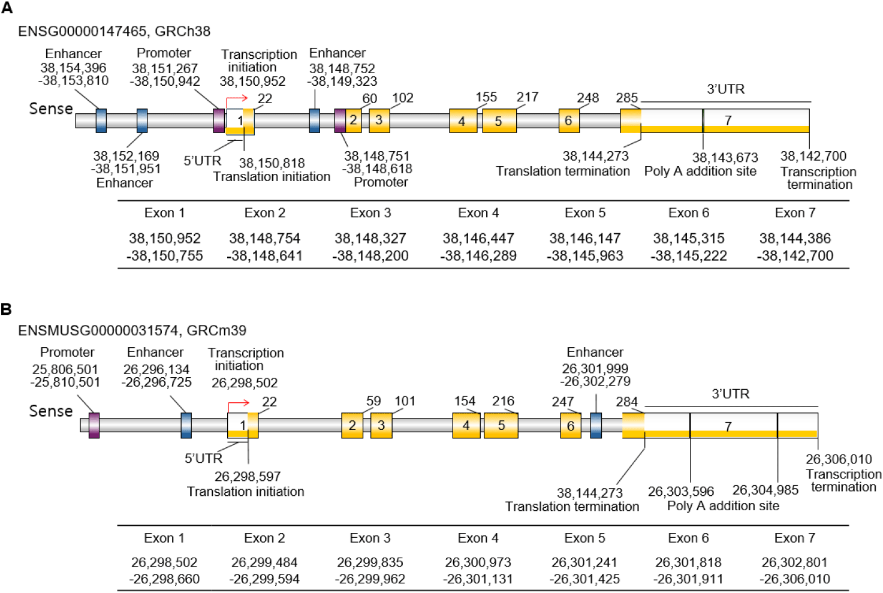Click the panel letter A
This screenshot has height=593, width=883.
coord(7,8)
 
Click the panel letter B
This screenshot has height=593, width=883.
coord(7,309)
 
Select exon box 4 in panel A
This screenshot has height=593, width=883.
coord(462,121)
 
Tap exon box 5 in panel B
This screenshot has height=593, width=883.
coord(501,425)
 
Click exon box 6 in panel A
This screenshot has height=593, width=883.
coord(568,120)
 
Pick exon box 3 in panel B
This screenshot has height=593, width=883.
coord(381,425)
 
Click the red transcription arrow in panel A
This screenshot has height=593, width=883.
coord(237,98)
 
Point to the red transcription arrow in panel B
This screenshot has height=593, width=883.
coord(238,403)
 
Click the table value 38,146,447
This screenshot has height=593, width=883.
coord(478,239)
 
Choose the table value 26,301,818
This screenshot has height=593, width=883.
coord(688,562)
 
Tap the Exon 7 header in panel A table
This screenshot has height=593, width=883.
coord(795,213)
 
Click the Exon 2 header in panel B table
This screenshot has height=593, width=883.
coord(264,538)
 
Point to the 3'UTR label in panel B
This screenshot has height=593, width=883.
coord(730,394)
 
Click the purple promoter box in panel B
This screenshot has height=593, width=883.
coord(94,425)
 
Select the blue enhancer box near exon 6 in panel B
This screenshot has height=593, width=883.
coord(596,425)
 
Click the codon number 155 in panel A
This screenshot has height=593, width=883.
coord(486,97)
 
